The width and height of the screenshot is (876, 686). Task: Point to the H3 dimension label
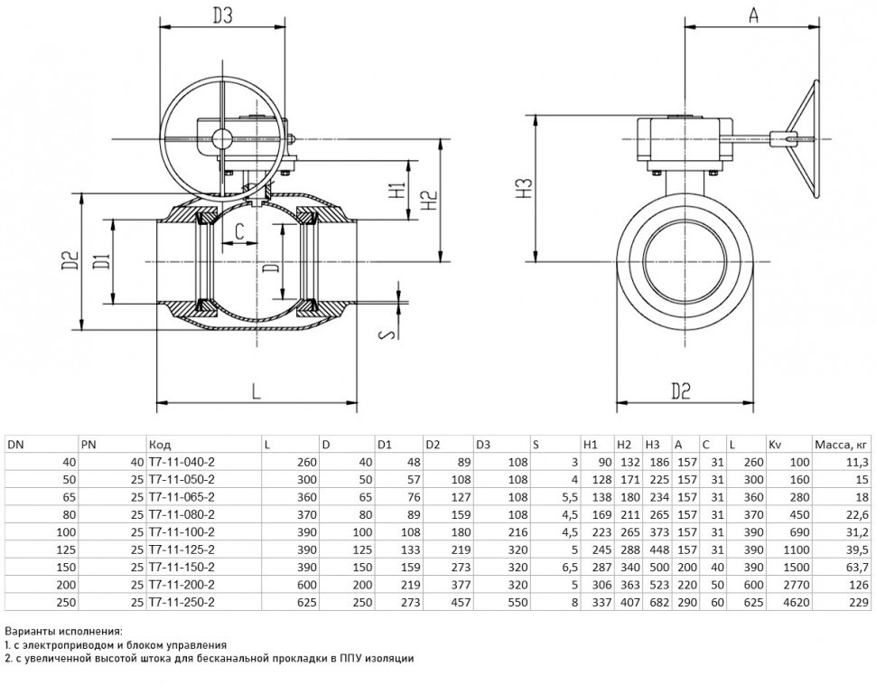(x=524, y=188)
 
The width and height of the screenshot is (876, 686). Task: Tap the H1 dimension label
(x=396, y=190)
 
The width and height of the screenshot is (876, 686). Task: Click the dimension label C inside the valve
(x=239, y=230)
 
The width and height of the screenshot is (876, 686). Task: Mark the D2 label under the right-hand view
(x=680, y=390)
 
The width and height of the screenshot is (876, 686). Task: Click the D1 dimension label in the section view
(x=102, y=261)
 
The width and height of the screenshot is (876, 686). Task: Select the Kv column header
(x=774, y=445)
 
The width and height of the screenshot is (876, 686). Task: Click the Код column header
(x=160, y=445)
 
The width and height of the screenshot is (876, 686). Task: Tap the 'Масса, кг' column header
(x=841, y=445)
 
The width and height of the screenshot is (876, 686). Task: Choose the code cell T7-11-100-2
(x=182, y=531)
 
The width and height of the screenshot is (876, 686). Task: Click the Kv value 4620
(x=797, y=602)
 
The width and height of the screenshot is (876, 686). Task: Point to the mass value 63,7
(x=857, y=567)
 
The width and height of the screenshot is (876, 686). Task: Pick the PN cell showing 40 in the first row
(x=137, y=462)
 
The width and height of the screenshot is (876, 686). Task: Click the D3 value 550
(x=517, y=602)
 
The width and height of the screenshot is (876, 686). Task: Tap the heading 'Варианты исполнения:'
(x=63, y=632)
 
